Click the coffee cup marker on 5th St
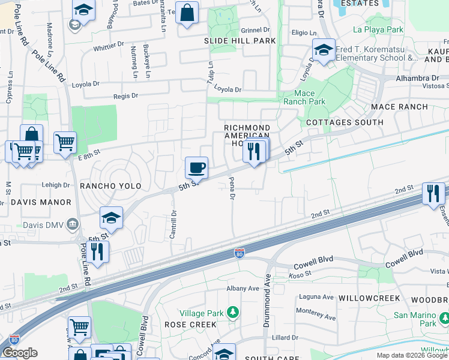point(196,167)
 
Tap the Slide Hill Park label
point(240,41)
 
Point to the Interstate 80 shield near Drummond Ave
point(240,254)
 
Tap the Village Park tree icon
point(233,313)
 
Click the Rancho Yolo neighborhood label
point(110,186)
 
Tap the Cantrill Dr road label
point(173,224)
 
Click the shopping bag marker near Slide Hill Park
point(187,13)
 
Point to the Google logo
point(20,353)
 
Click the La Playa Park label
point(378,29)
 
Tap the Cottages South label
point(345,122)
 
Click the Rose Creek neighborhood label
point(190,325)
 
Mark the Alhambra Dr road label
point(417,78)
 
